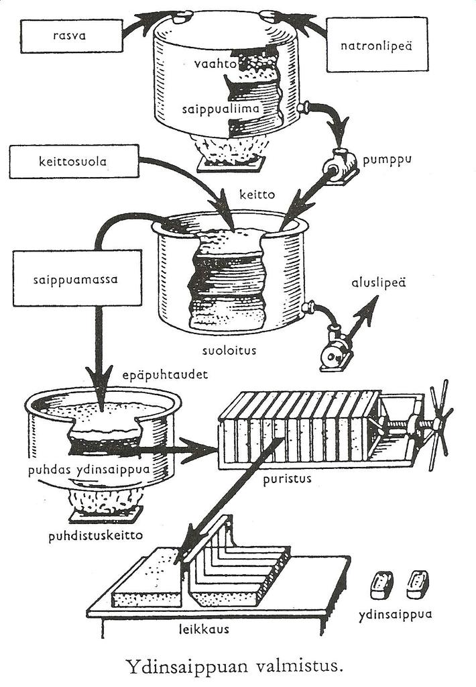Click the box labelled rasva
click(71, 36)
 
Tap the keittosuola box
click(74, 161)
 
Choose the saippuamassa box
click(77, 277)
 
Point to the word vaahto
click(211, 64)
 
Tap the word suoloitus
click(230, 350)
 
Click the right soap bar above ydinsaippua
click(418, 583)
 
